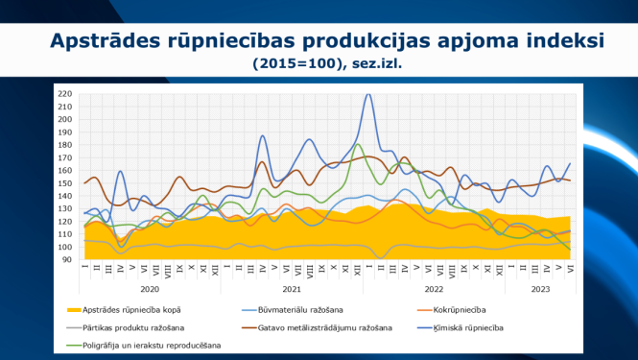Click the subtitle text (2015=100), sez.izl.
tap(326, 65)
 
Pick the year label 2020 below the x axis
tap(149, 288)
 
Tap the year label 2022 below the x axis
tap(434, 288)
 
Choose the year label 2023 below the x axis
tap(540, 288)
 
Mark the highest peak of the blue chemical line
tap(368, 95)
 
